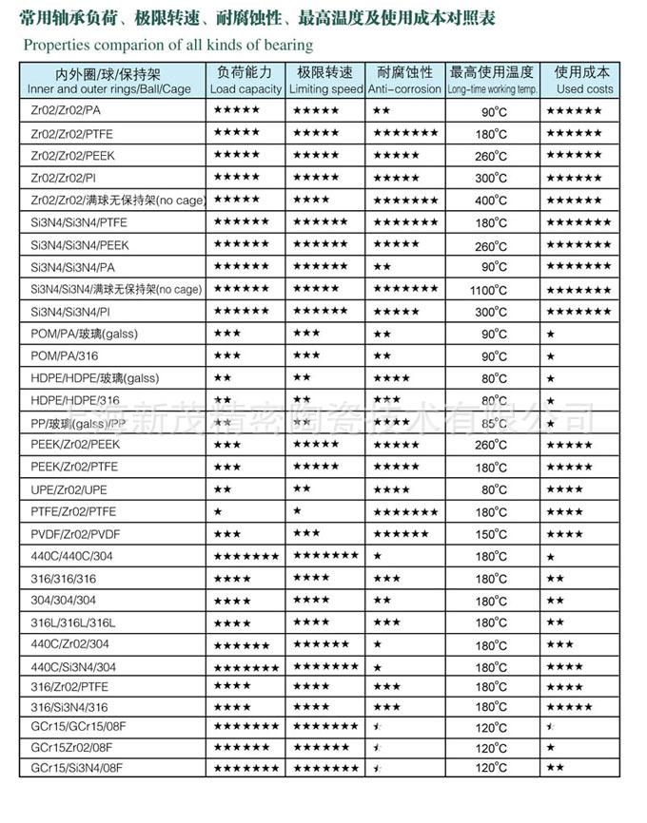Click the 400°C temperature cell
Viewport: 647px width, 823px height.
[492, 201]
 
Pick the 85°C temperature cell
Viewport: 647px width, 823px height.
[493, 423]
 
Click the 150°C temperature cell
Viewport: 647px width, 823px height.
[492, 534]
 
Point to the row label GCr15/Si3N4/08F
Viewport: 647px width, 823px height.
[78, 767]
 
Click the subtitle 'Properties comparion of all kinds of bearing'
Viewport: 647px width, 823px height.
[168, 45]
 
